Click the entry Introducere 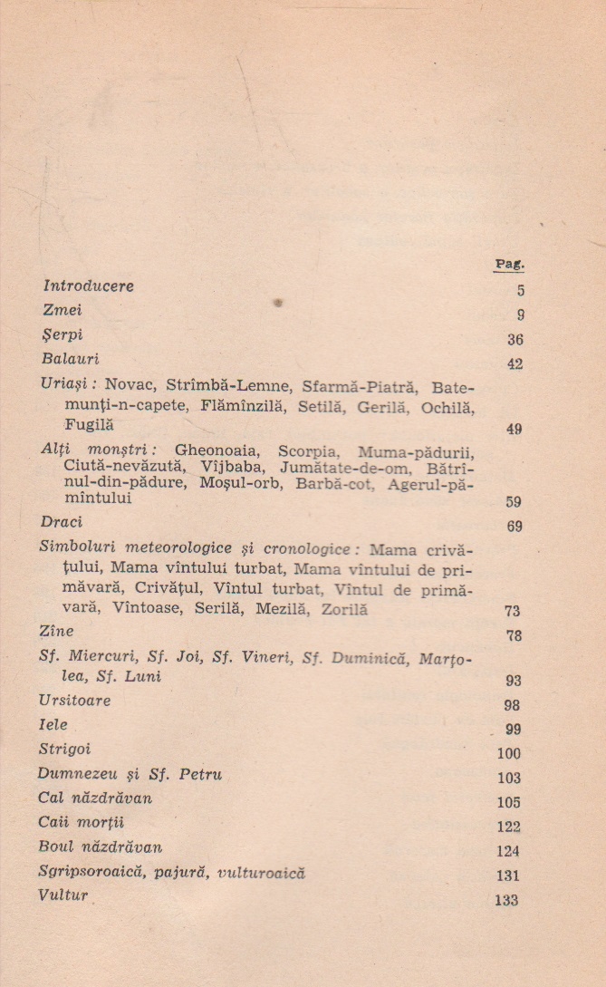click(89, 286)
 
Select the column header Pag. click(510, 264)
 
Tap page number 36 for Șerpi click(516, 340)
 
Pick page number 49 click(514, 430)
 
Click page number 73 click(512, 611)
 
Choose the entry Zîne click(57, 631)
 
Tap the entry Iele click(53, 726)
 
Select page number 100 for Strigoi click(509, 753)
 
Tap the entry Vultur click(63, 896)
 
